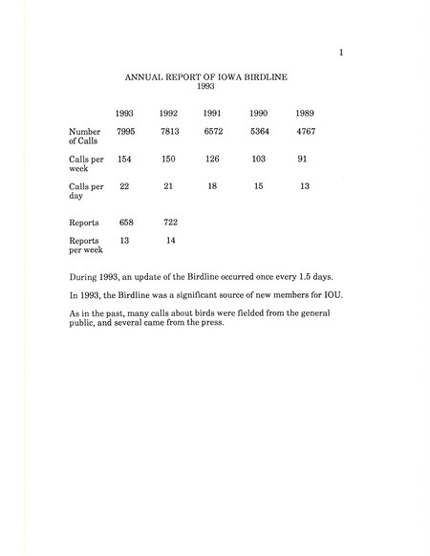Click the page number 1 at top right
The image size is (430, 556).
pyautogui.click(x=341, y=53)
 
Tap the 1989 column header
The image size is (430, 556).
pyautogui.click(x=305, y=113)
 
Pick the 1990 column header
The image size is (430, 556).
pyautogui.click(x=259, y=113)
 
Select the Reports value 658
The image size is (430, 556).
pyautogui.click(x=124, y=222)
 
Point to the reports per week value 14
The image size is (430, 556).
pyautogui.click(x=169, y=240)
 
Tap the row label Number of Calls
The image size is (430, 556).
pyautogui.click(x=85, y=136)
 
